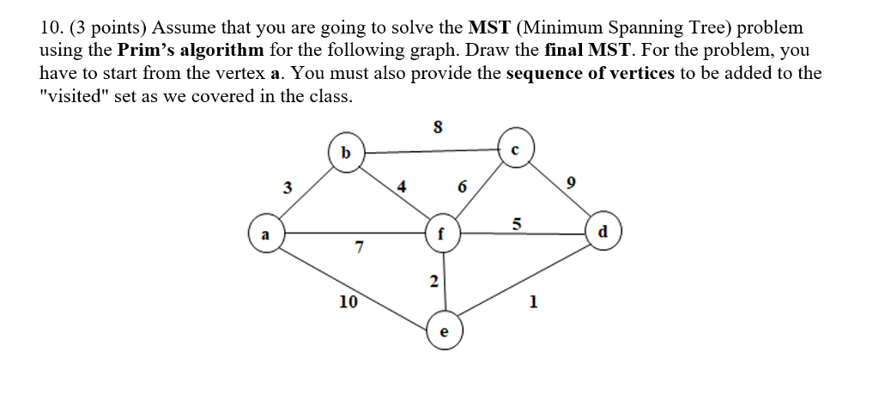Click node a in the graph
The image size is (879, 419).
pyautogui.click(x=266, y=233)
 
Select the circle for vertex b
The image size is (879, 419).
pyautogui.click(x=346, y=153)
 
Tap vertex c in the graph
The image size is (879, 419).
pyautogui.click(x=515, y=149)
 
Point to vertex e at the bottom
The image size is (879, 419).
pyautogui.click(x=444, y=330)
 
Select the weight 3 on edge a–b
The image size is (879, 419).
pyautogui.click(x=288, y=185)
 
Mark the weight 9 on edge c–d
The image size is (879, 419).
pyautogui.click(x=571, y=183)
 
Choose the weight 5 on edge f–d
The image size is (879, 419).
pyautogui.click(x=516, y=223)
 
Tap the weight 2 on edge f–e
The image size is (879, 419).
pyautogui.click(x=433, y=281)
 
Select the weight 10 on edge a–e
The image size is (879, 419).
pyautogui.click(x=348, y=301)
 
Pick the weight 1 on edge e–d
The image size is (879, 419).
pyautogui.click(x=534, y=301)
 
